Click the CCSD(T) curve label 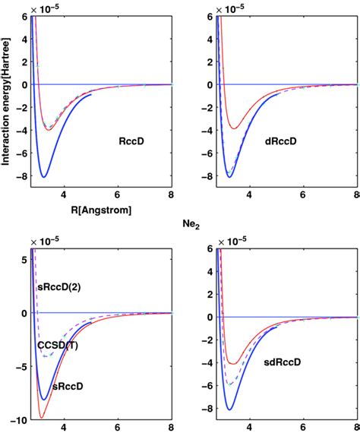point(56,345)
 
